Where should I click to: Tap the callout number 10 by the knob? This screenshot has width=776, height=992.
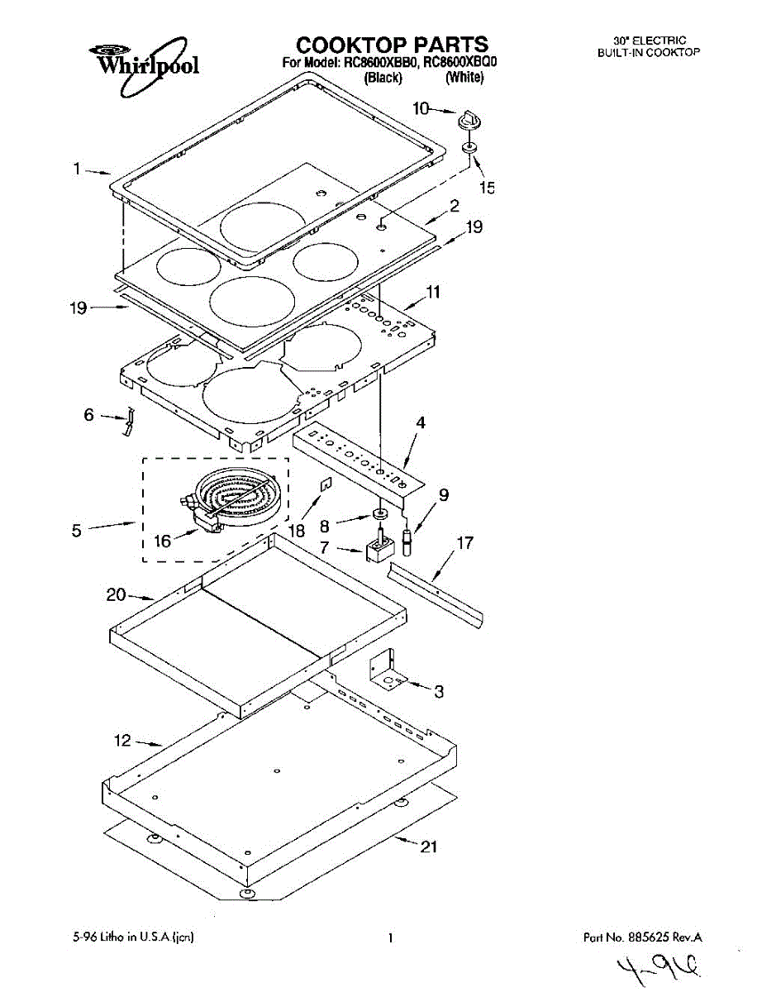point(421,107)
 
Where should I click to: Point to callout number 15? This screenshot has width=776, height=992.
point(487,188)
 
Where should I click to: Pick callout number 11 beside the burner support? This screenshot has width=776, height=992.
point(433,291)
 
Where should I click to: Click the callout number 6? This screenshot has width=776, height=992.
point(88,415)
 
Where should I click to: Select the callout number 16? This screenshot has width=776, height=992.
point(162,541)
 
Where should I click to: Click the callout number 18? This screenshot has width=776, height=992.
point(298,530)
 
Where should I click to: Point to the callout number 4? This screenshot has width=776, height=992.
point(421,423)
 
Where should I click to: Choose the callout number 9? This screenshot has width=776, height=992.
point(444,495)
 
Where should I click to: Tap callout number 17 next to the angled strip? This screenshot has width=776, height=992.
point(465,543)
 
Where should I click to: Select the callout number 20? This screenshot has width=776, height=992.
point(116,594)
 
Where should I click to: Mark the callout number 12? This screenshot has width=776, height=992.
point(122,741)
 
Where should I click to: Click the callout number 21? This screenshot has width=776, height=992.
point(429,847)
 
